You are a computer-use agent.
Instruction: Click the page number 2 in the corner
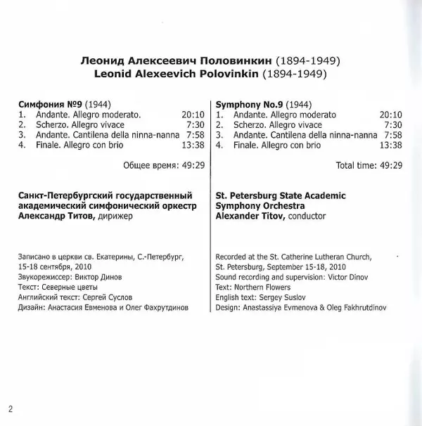coord(11,408)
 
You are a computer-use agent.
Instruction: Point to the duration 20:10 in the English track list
coord(390,115)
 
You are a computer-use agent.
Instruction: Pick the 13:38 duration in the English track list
coord(390,146)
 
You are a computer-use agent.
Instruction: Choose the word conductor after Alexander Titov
coord(303,217)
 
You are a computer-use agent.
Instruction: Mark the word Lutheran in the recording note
coord(331,257)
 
